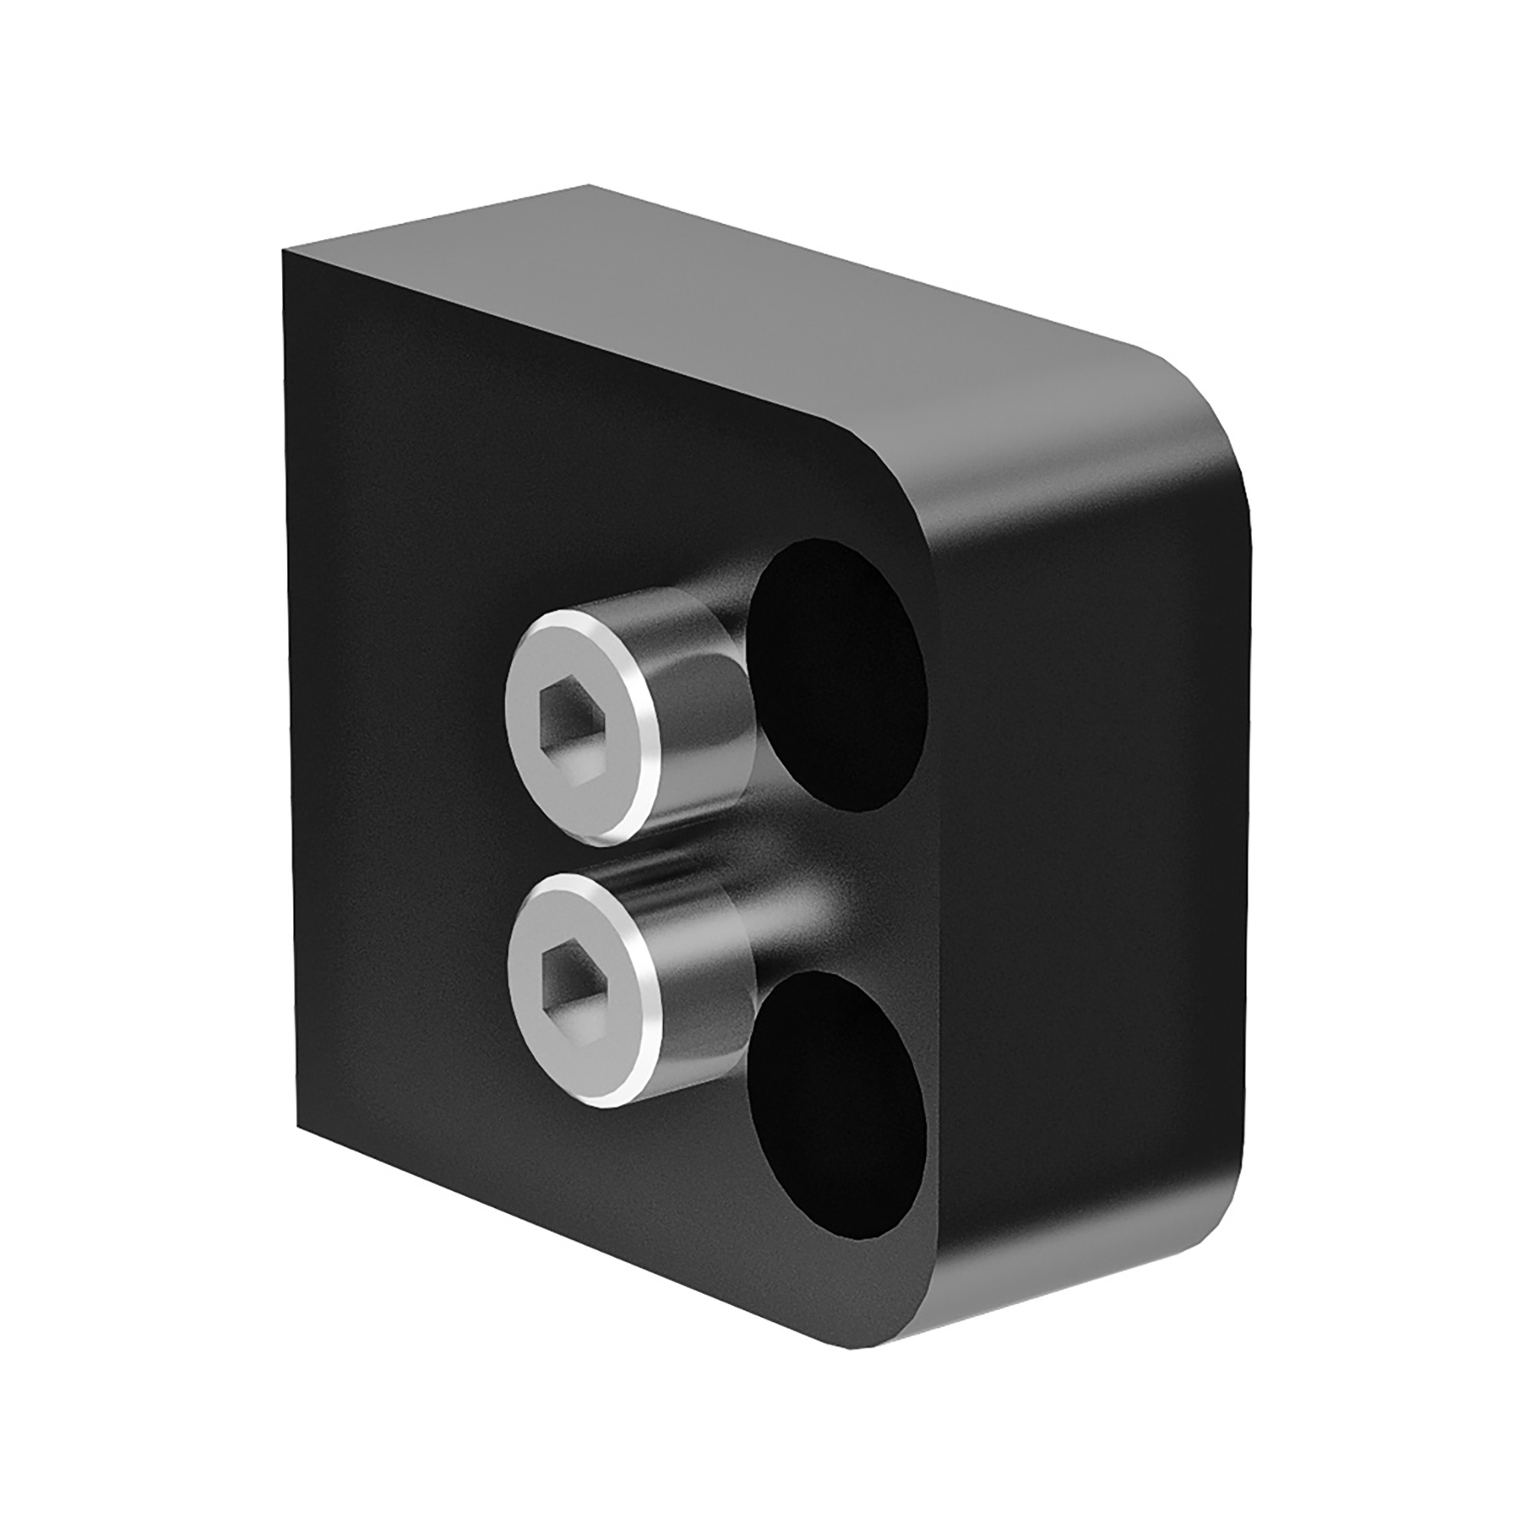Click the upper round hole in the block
pos(838,675)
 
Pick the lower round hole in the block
pos(838,1111)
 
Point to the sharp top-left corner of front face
pos(285,251)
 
